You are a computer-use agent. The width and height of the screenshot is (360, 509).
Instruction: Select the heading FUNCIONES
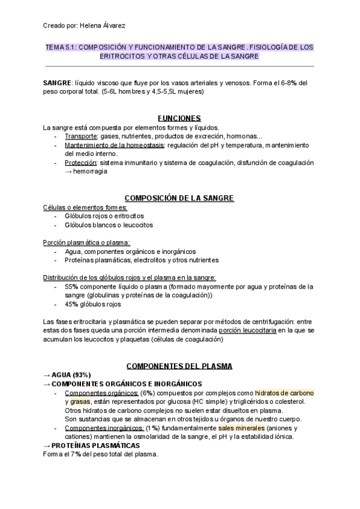(178, 118)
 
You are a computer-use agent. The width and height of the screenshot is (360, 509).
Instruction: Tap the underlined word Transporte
(80, 136)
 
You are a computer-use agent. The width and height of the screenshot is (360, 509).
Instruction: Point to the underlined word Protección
(81, 163)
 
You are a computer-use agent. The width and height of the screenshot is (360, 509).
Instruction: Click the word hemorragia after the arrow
(91, 171)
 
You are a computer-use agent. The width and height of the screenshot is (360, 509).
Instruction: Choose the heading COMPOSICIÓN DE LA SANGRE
(178, 198)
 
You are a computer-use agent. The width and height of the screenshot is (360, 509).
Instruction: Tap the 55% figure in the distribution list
(71, 286)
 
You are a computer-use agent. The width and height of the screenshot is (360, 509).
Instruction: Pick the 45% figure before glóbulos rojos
(71, 304)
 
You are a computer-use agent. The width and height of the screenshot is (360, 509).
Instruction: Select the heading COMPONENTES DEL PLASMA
(178, 366)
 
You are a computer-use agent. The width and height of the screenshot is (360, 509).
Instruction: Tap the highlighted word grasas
(79, 401)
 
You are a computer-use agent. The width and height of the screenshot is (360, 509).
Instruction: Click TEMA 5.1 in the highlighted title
(61, 47)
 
